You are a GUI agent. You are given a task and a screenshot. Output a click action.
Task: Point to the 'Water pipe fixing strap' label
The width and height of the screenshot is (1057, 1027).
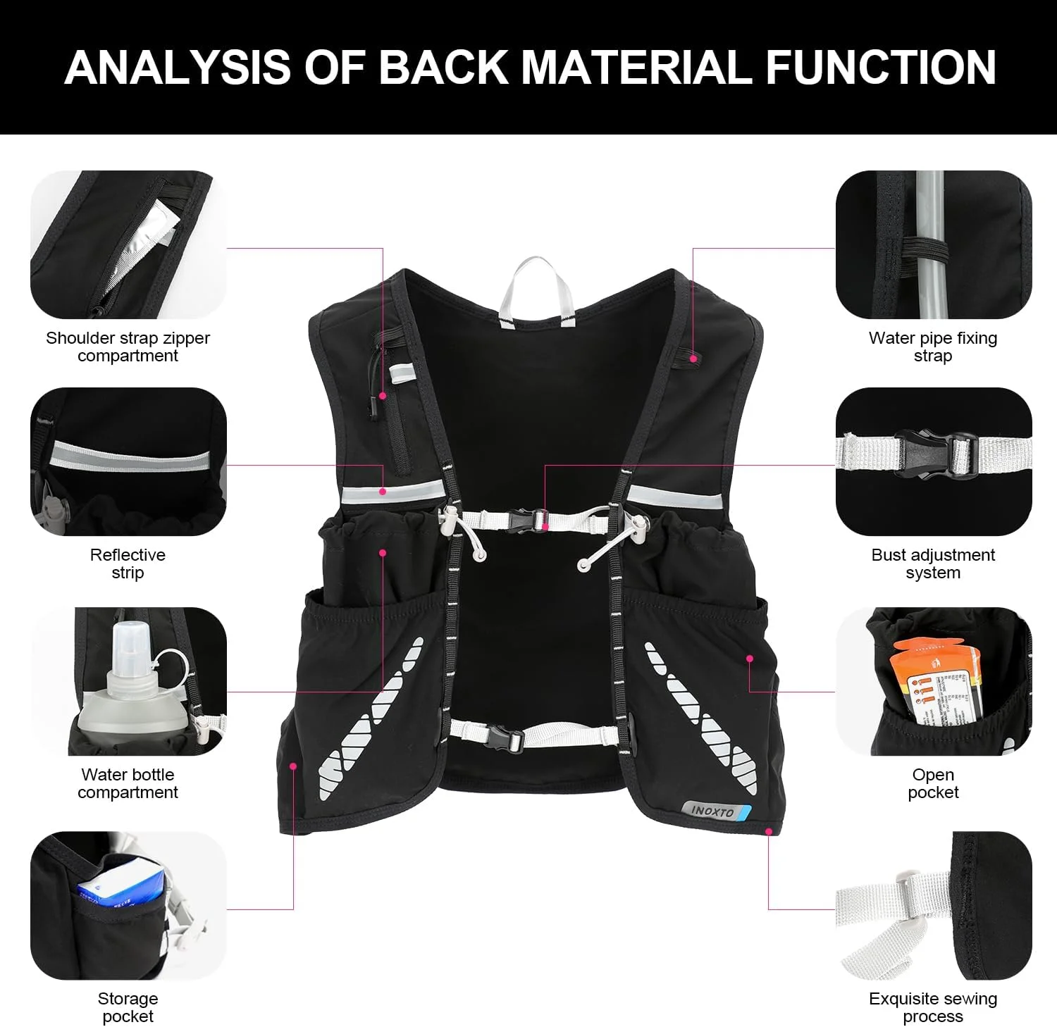click(x=933, y=347)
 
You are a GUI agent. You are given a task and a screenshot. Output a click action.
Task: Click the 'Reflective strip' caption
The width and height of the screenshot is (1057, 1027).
click(x=128, y=564)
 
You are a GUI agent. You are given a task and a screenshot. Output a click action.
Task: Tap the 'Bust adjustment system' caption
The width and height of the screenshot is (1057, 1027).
click(x=933, y=564)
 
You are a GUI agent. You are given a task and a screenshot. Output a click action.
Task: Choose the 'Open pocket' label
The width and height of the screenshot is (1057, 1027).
click(x=933, y=783)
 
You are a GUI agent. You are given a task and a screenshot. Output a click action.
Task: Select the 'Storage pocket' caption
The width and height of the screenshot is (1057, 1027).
click(x=128, y=1007)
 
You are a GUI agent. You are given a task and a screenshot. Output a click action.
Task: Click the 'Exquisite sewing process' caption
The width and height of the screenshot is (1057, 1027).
click(x=933, y=1007)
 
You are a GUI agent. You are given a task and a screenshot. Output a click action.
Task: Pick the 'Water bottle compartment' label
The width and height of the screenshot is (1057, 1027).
click(x=128, y=783)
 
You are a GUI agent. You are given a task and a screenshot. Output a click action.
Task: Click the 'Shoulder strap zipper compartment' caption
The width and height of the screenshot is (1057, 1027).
click(x=128, y=347)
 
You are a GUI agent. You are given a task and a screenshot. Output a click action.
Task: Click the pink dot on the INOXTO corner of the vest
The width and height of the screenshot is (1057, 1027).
click(x=769, y=831)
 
